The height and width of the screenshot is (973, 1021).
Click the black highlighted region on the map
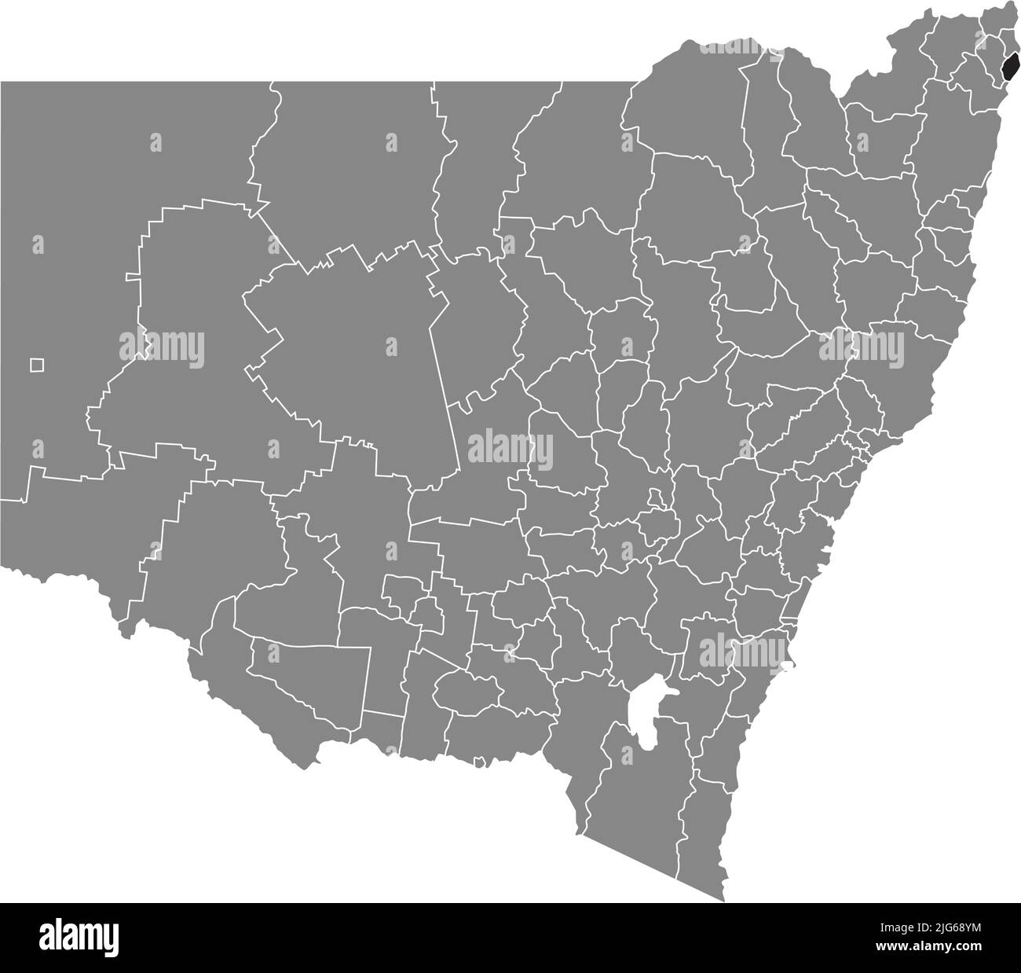[1012, 66]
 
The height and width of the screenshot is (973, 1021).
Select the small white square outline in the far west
[37, 365]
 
